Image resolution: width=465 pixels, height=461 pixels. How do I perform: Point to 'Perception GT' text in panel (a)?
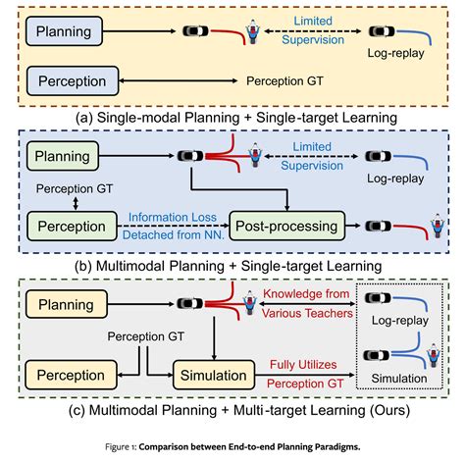pyautogui.click(x=288, y=79)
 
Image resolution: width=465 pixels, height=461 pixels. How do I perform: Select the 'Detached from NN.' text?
pyautogui.click(x=173, y=235)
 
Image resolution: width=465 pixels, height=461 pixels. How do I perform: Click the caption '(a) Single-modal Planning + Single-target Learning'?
pyautogui.click(x=232, y=115)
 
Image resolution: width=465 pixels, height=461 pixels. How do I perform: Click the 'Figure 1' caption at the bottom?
pyautogui.click(x=232, y=447)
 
